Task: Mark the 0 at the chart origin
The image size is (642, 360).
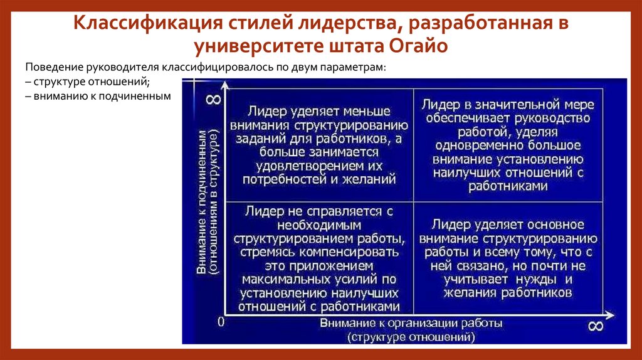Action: (220, 322)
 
